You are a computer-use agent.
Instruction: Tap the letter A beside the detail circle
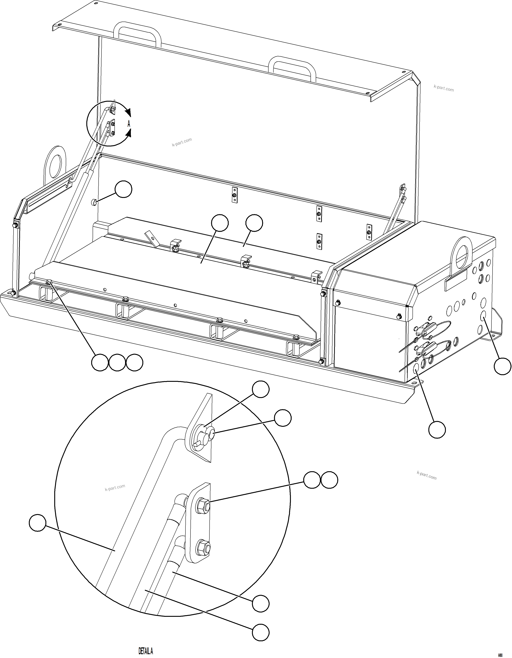click(x=129, y=124)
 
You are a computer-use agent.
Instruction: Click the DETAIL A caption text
click(x=146, y=651)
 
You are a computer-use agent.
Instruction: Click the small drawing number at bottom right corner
click(x=500, y=655)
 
